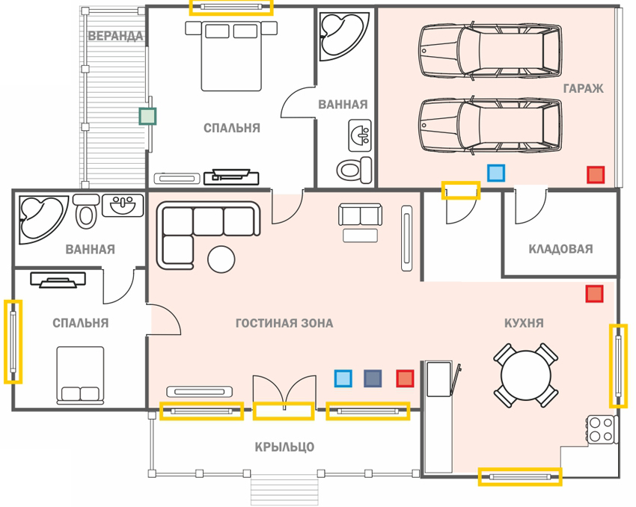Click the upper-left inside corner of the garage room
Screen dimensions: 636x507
point(379,7)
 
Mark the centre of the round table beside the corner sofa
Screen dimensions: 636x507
point(221,259)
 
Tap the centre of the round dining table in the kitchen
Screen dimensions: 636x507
point(525,375)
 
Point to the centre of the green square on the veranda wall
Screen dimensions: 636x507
point(147,117)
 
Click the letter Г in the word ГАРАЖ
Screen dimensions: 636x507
point(566,88)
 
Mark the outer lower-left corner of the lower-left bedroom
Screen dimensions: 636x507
point(12,410)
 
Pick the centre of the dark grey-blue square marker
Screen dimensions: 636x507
point(373,378)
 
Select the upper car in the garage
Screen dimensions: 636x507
point(490,51)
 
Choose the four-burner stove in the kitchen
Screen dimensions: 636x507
point(601,429)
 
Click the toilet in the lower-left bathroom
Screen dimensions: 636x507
point(85,211)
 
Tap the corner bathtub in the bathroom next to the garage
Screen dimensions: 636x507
point(344,37)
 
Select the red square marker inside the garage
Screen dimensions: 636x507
point(596,175)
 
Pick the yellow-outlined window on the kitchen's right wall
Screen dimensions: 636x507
point(618,366)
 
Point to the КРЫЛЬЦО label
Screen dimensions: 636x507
point(284,447)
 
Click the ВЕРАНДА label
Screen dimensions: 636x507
point(115,36)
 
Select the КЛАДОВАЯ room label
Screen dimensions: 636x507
point(560,248)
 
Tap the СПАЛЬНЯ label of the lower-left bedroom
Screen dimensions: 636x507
point(81,323)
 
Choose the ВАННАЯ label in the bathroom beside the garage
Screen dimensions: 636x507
point(343,105)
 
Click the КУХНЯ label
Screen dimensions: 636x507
point(524,323)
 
